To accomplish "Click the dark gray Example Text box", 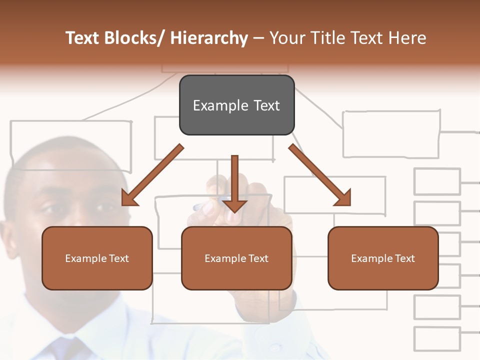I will (236, 105).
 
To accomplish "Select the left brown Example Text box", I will (97, 258).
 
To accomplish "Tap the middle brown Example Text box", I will (236, 258).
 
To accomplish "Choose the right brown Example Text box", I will (383, 258).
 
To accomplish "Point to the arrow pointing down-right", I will (320, 175).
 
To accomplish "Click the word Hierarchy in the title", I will (208, 38).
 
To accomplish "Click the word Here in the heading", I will (408, 38).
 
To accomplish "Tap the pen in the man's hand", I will (205, 205).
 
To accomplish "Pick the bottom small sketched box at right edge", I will (436, 338).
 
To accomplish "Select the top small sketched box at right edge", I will (436, 181).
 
